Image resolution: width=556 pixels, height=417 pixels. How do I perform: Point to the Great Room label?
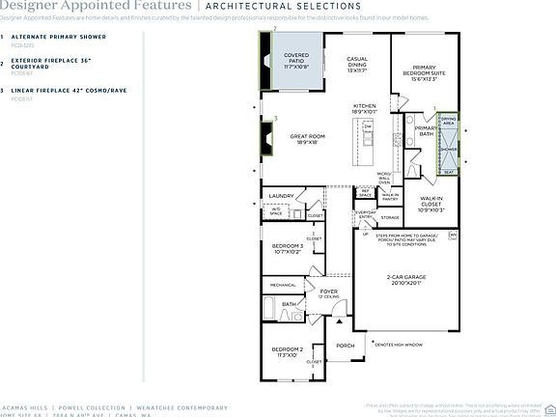[x=306, y=140]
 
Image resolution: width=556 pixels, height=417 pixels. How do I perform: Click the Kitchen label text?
[x=364, y=108]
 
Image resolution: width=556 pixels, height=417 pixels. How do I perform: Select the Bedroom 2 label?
[x=287, y=351]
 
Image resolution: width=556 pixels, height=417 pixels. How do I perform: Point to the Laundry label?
[x=281, y=196]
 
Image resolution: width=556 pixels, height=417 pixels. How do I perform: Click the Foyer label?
[x=329, y=292]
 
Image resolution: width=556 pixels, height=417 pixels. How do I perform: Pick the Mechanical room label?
[x=282, y=285]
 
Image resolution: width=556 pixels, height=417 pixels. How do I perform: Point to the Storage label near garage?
[x=390, y=217]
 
